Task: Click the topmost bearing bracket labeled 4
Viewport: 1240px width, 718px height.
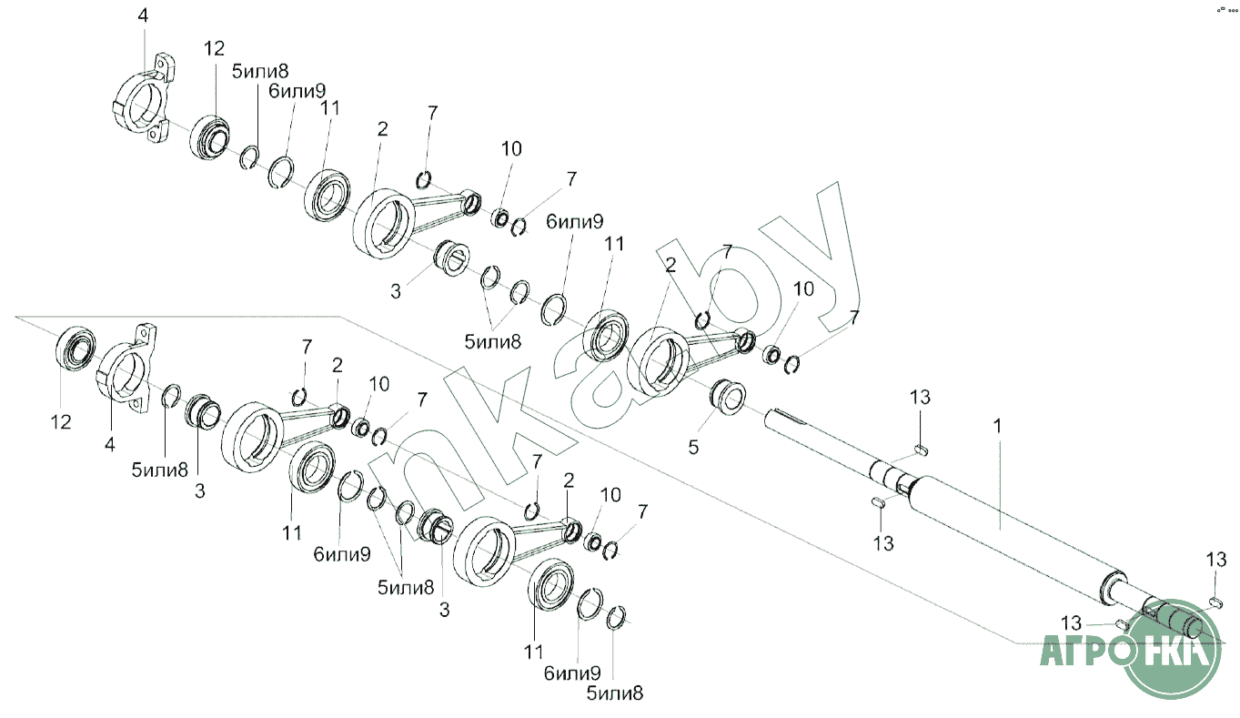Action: (x=146, y=101)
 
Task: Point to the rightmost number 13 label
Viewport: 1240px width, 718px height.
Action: (x=1216, y=559)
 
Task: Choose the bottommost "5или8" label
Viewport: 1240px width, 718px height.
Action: (x=614, y=693)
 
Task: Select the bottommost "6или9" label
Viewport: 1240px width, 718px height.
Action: (x=573, y=674)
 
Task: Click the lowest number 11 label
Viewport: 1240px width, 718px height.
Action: (x=533, y=652)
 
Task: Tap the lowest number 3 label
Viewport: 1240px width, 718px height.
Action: (x=445, y=610)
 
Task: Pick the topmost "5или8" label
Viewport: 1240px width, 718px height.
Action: (x=261, y=72)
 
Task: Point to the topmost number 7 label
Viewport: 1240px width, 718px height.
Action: (x=433, y=113)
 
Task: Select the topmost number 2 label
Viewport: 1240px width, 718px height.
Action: (x=382, y=129)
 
